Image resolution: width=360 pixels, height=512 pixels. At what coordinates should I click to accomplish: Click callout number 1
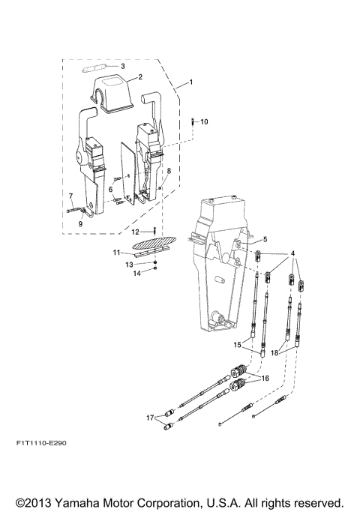pyautogui.click(x=190, y=81)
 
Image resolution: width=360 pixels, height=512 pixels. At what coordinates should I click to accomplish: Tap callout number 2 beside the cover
pyautogui.click(x=139, y=77)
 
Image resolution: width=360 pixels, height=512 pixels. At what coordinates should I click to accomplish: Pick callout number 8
pyautogui.click(x=169, y=172)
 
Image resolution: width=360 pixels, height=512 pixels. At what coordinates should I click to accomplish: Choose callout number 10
pyautogui.click(x=205, y=121)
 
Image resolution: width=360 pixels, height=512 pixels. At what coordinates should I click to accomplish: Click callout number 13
pyautogui.click(x=130, y=265)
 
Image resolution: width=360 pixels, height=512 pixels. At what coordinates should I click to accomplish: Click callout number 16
pyautogui.click(x=265, y=379)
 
